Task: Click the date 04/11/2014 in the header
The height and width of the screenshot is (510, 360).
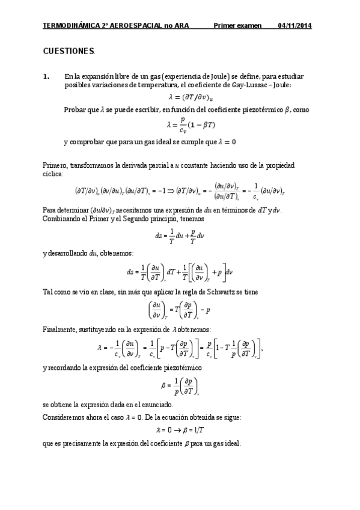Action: [x=294, y=26]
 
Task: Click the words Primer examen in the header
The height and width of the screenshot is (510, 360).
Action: [x=238, y=26]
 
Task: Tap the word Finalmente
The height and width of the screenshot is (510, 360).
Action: [x=60, y=330]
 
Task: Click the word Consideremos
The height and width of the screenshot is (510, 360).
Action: [x=66, y=416]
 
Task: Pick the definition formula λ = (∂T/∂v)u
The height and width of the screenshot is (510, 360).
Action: [x=191, y=97]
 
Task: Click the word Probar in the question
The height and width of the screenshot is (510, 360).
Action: [x=74, y=109]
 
